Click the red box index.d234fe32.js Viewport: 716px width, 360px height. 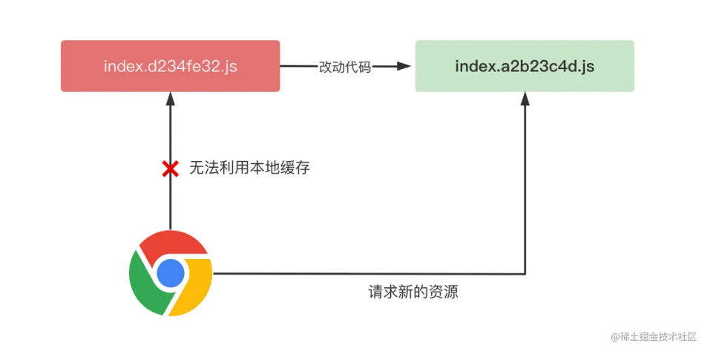(171, 66)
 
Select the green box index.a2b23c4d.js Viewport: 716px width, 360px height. (525, 66)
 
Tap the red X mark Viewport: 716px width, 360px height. (171, 168)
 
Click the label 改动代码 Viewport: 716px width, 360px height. (345, 67)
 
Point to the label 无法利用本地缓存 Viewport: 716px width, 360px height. (249, 168)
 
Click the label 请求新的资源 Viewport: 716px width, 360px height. (413, 292)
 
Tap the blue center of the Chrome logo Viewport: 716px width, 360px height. (171, 273)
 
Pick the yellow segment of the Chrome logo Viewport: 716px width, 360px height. (194, 288)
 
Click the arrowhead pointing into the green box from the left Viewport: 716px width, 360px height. (404, 66)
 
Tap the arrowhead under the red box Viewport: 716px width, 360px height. (171, 99)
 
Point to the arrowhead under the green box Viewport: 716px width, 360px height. (525, 99)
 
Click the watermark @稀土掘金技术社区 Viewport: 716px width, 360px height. (654, 337)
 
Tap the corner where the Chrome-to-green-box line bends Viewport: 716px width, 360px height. (525, 274)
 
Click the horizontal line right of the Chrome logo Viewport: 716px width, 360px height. (369, 274)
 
